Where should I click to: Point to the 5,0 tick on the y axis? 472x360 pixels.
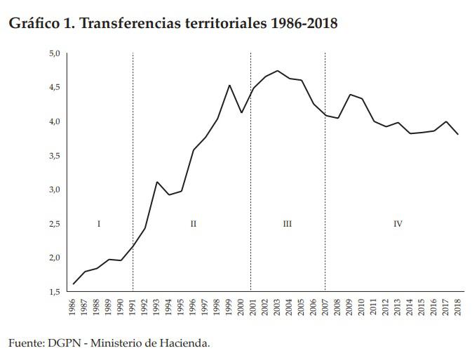point(55,53)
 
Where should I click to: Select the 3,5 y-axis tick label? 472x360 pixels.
point(55,156)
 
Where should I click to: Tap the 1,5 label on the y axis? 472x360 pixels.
point(55,291)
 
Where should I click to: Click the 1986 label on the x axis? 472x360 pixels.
point(74,308)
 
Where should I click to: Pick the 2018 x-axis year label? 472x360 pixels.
point(458,308)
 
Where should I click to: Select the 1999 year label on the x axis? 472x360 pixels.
point(229,308)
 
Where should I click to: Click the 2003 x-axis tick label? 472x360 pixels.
point(278,308)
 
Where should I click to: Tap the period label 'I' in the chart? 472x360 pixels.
point(99,224)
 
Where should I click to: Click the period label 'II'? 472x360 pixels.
point(193,224)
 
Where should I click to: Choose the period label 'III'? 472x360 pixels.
point(287,224)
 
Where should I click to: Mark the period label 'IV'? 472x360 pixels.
point(398,224)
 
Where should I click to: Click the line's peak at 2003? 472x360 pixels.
point(278,71)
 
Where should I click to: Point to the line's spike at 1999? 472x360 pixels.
point(229,86)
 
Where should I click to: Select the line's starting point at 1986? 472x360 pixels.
point(74,284)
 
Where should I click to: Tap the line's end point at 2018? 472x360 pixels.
point(458,134)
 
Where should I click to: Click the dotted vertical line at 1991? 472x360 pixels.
point(133,175)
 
